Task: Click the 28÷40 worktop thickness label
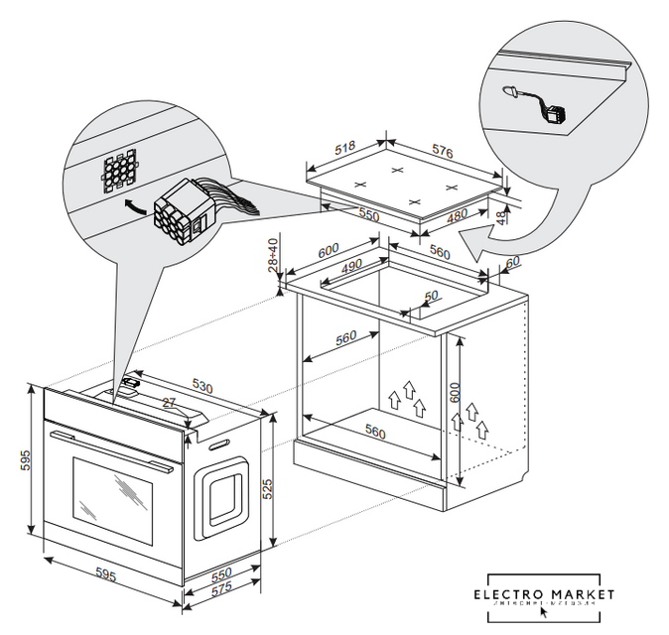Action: (x=274, y=255)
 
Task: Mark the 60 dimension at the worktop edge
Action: (x=511, y=262)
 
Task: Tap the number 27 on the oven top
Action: (x=168, y=403)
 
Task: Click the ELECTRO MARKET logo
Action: (x=543, y=596)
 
